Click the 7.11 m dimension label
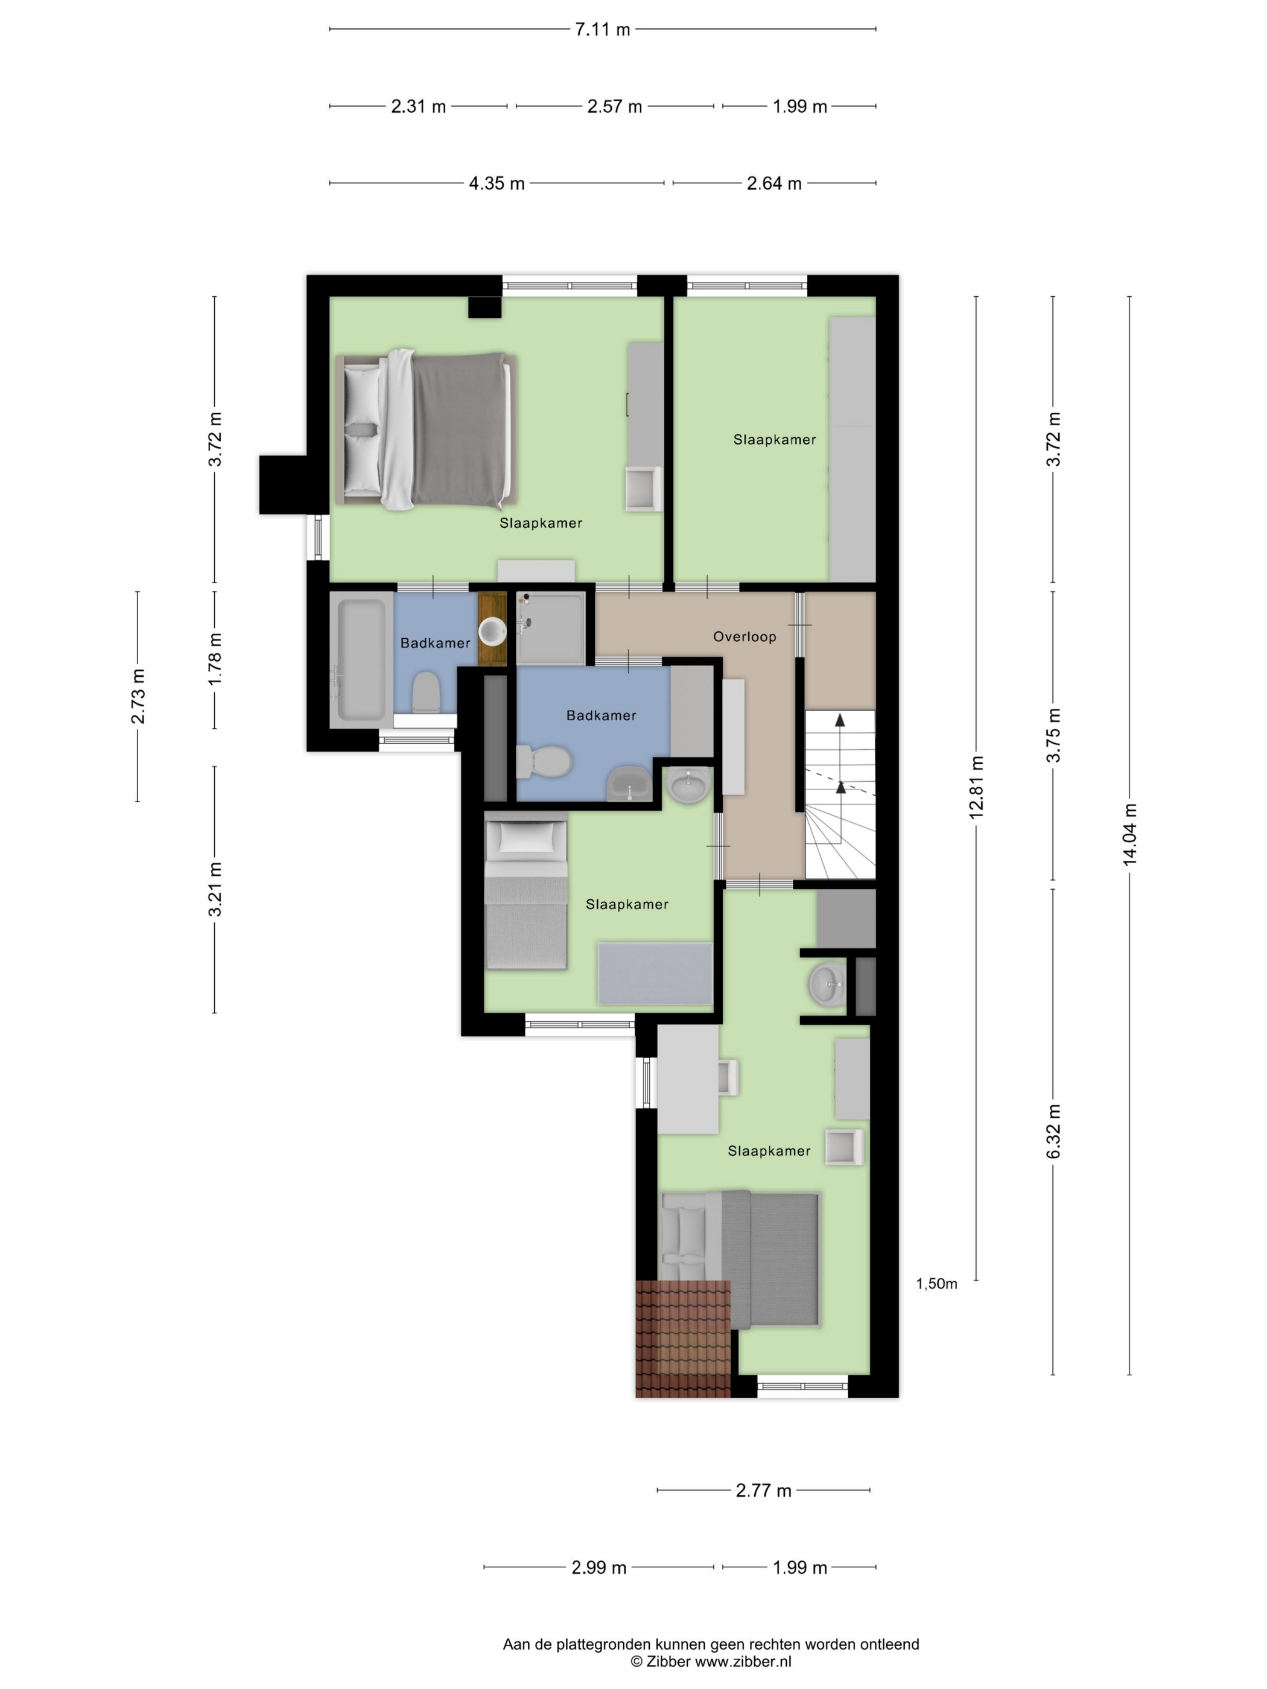point(603,30)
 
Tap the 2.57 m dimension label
point(615,107)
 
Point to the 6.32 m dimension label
point(1053,1131)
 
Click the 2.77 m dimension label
point(764,1491)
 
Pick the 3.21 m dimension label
point(215,890)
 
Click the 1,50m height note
point(936,1284)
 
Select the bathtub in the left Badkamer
point(360,661)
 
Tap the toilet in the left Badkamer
point(425,692)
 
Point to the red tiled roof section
point(683,1338)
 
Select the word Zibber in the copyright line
point(668,1661)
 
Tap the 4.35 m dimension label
point(497,184)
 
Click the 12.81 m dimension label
point(976,787)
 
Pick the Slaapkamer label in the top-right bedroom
point(775,440)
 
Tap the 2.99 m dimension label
point(599,1568)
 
